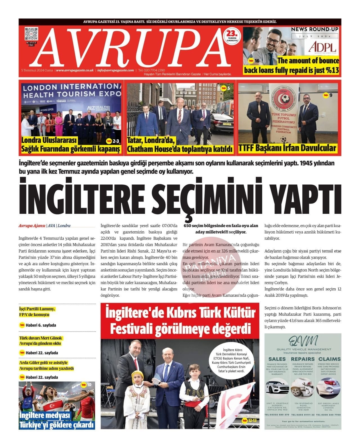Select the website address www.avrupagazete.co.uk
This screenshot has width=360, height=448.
75,70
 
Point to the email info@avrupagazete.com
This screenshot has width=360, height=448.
116,70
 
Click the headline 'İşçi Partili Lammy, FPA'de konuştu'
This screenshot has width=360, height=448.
37,312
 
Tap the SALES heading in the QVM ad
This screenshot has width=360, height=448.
277,359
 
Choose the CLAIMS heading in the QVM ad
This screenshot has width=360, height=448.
329,359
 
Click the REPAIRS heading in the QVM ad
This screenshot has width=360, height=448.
303,359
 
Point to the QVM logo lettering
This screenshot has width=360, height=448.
303,341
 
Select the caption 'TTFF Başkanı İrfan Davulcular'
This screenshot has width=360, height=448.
287,148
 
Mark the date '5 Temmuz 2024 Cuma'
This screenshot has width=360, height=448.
37,70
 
